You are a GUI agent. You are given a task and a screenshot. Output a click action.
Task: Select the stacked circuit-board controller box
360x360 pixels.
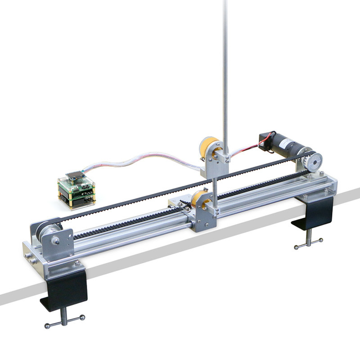77,191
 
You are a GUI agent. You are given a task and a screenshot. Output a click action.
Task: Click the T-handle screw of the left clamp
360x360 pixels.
64,320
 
